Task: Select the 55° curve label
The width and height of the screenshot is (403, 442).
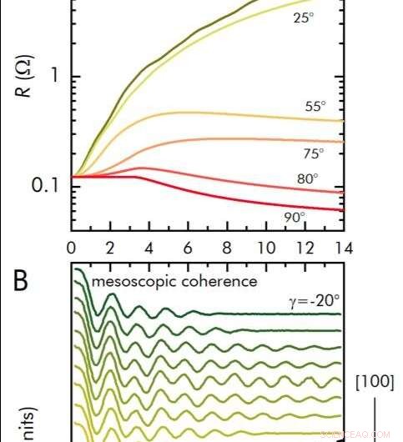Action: pyautogui.click(x=315, y=107)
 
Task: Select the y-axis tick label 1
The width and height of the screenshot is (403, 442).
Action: pyautogui.click(x=55, y=77)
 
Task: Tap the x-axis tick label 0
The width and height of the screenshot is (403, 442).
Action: pyautogui.click(x=72, y=248)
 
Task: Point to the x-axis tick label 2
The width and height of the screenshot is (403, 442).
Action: pyautogui.click(x=110, y=248)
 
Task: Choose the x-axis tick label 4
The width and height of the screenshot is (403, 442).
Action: pyautogui.click(x=149, y=248)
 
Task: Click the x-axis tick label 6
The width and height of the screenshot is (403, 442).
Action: pyautogui.click(x=188, y=248)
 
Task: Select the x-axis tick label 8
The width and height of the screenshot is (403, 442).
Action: pyautogui.click(x=227, y=248)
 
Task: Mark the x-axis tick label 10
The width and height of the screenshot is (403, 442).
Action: pyautogui.click(x=265, y=248)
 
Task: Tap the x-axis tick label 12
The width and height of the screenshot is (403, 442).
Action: pyautogui.click(x=305, y=248)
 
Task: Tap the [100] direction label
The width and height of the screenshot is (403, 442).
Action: pyautogui.click(x=375, y=382)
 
